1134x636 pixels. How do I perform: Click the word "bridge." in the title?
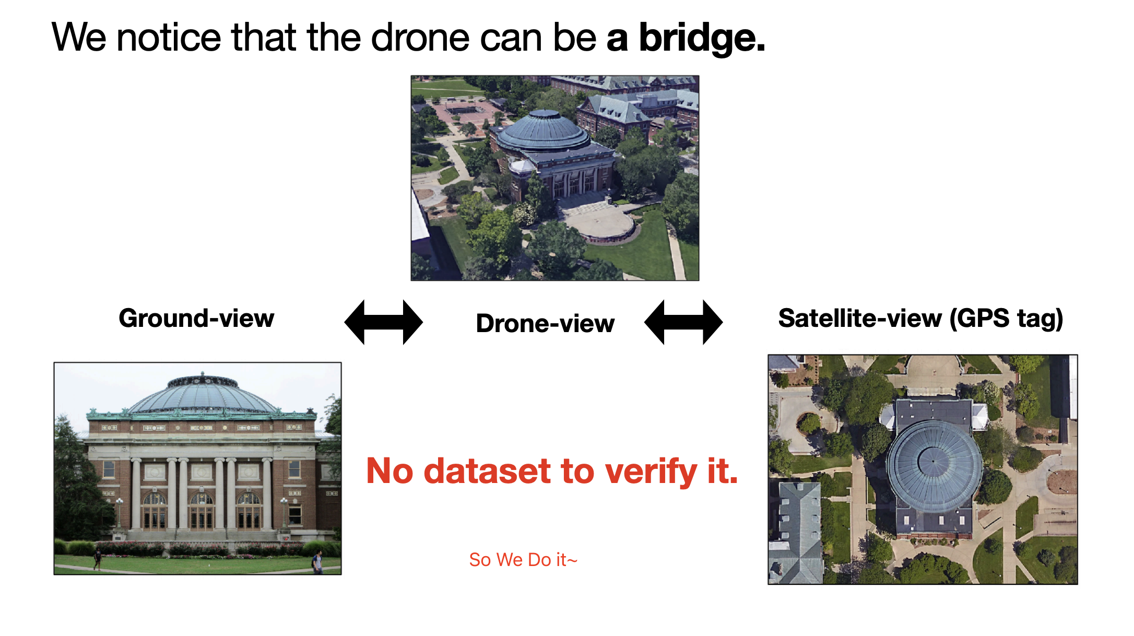(x=702, y=38)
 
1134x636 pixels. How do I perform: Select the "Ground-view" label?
(x=196, y=318)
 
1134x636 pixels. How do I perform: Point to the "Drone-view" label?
(x=545, y=323)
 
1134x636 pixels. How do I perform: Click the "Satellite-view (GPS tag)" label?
(x=920, y=319)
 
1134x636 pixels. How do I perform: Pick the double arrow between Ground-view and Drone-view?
(x=384, y=322)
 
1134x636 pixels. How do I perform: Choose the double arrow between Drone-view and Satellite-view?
(x=683, y=322)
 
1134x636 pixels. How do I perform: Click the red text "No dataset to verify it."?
(x=552, y=471)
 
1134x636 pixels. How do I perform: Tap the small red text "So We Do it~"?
(x=523, y=560)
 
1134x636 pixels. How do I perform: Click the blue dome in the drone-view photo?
(x=544, y=131)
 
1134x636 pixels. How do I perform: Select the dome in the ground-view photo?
(x=203, y=395)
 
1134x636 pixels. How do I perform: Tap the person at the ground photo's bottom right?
(x=316, y=562)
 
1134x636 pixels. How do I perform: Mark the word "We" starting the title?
(x=79, y=38)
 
